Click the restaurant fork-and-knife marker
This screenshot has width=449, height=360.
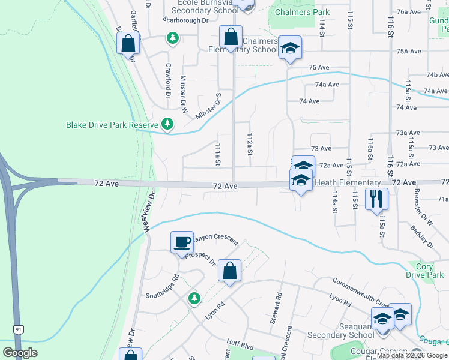(376, 199)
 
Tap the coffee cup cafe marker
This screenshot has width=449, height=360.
(182, 242)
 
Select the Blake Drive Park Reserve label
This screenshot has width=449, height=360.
(112, 125)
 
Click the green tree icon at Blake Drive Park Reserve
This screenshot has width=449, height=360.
(167, 125)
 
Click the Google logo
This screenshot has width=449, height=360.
(20, 353)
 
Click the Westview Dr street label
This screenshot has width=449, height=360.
(148, 212)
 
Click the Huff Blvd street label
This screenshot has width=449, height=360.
(241, 344)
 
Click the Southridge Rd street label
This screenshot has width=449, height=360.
(163, 287)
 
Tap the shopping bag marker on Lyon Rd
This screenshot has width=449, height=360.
(230, 270)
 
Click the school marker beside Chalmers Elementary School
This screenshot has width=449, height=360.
(289, 49)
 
